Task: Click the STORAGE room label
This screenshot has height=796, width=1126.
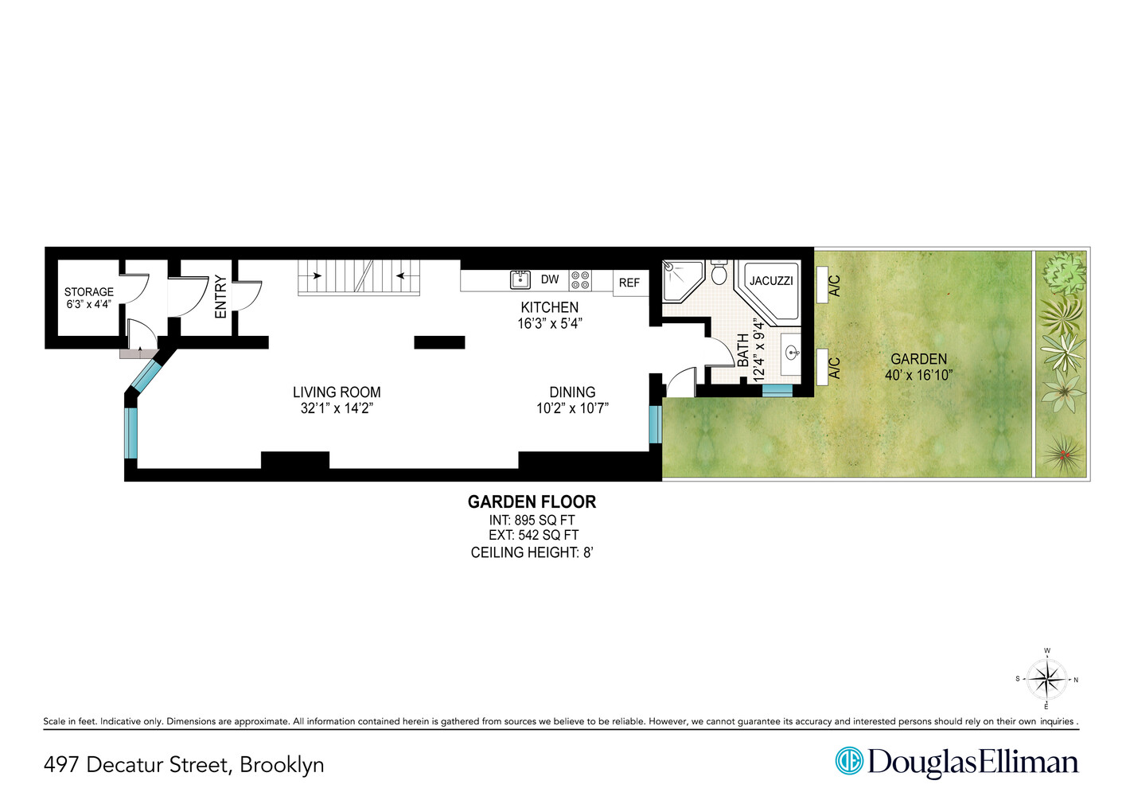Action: pos(89,292)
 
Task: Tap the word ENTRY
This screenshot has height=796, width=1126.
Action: pos(220,297)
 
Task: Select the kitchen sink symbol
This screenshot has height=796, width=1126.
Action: pos(520,279)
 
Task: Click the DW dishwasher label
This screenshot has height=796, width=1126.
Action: pos(550,279)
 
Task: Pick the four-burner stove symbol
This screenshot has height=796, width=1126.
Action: pos(580,280)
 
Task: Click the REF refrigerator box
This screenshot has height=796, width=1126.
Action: pos(629,283)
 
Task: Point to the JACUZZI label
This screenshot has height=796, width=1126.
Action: pos(771,281)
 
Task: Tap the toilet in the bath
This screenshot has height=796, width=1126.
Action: pos(719,273)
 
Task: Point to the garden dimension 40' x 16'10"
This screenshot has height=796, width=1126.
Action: pos(918,375)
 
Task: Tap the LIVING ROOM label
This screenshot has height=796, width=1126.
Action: pos(337,392)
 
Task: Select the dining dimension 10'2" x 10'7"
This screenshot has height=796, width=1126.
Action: pos(572,408)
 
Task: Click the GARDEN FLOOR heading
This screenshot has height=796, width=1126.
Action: pos(532,501)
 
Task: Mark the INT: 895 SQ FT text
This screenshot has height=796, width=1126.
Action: pos(532,520)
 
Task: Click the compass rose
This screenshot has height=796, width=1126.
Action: pos(1046,680)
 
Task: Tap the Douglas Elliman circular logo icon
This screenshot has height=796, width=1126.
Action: pos(849,761)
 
